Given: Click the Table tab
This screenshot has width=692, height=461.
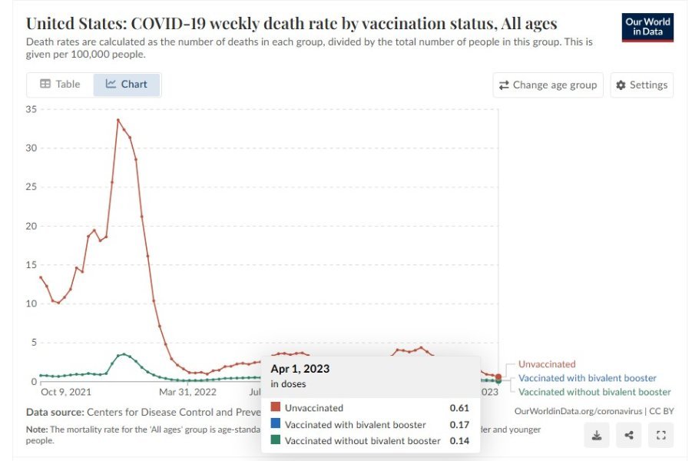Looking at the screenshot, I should pos(60,85).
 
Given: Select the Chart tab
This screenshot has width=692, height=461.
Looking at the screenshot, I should pos(127,85).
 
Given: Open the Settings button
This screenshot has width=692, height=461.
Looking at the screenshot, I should pos(641,85).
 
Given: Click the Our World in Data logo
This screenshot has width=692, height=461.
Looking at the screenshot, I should pos(647,27).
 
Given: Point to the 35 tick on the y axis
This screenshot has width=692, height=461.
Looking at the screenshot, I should pos(31,109).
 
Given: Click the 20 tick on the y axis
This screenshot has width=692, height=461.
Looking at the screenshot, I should pos(31,226).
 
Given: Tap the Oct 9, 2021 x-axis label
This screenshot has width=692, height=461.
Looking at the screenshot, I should pos(66,392).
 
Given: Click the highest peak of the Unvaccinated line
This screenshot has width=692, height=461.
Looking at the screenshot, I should pos(118,120).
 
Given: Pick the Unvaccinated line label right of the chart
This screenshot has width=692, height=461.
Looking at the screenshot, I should pos(546,364).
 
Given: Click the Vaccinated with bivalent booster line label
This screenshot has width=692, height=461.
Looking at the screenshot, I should pos(588,378).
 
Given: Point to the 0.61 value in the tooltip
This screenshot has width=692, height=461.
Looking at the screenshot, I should pos(459,408).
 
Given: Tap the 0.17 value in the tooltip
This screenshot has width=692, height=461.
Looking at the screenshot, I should pos(459,424).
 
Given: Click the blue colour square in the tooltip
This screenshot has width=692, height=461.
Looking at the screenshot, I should pos(276,424).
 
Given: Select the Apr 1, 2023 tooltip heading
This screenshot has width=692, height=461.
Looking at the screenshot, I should pos(300,369).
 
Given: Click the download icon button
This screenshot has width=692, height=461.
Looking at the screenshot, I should pos(597,436).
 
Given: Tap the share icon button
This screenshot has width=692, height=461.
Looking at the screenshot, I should pos(629,436).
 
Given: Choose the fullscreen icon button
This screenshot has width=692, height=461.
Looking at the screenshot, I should pos(661,436).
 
